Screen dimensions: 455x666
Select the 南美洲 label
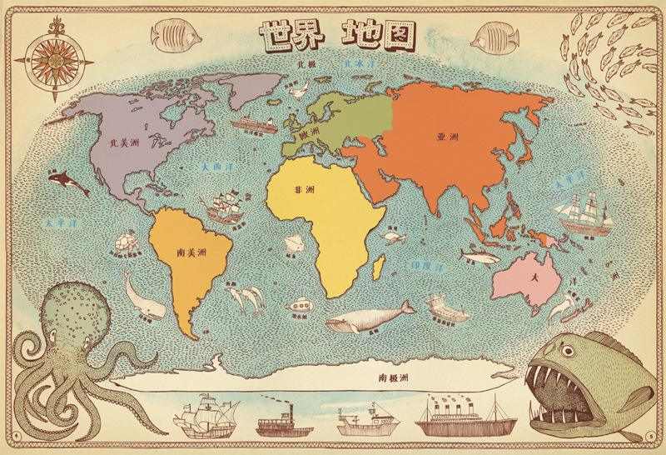191,251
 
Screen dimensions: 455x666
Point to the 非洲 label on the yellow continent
304,190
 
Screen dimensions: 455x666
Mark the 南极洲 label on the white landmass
395,377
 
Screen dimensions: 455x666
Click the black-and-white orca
68,182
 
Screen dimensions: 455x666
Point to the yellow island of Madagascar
380,267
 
